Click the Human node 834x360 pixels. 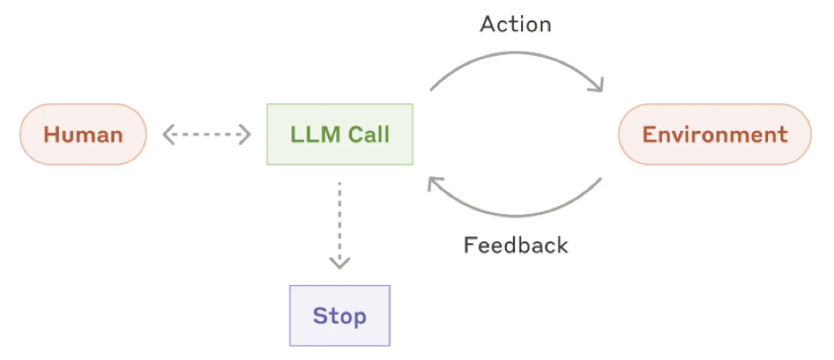click(x=83, y=135)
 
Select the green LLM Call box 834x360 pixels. click(x=339, y=135)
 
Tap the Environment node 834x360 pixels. click(x=715, y=135)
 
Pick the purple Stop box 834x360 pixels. click(x=339, y=315)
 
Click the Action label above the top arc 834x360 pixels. click(x=515, y=24)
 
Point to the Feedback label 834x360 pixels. click(x=515, y=245)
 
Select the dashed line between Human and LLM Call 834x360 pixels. click(x=208, y=135)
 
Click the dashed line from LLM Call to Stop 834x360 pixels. click(x=339, y=218)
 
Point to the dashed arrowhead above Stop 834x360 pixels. click(x=339, y=263)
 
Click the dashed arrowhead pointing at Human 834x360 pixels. click(x=168, y=135)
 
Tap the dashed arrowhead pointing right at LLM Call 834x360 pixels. click(x=247, y=135)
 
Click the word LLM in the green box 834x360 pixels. click(x=312, y=135)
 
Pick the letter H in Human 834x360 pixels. click(x=52, y=135)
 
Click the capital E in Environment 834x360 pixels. click(x=650, y=135)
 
